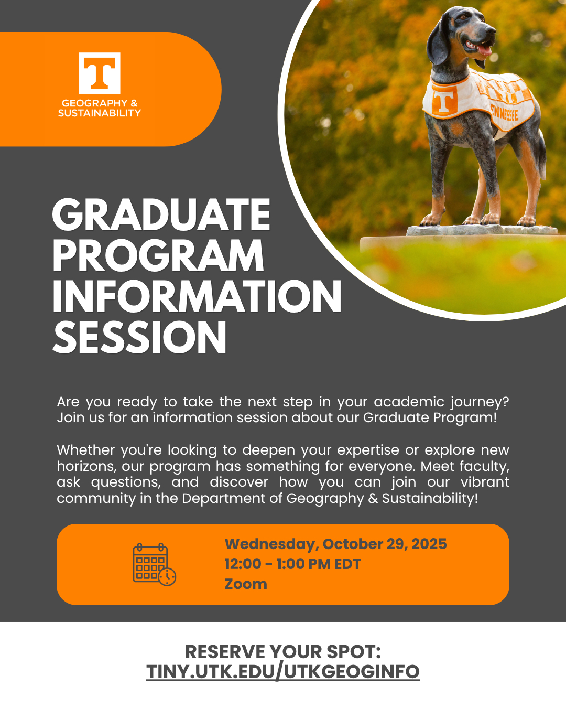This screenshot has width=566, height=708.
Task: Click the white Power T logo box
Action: click(x=100, y=73)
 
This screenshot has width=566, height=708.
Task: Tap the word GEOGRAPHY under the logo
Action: click(x=90, y=103)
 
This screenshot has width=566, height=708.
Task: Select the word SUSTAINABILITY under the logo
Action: click(x=100, y=113)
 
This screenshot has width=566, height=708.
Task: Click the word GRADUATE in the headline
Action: click(x=161, y=215)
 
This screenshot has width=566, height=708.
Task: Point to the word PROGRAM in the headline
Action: click(x=158, y=255)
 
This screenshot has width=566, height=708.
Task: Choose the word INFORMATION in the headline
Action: click(x=197, y=296)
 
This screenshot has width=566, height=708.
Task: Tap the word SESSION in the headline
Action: click(x=140, y=337)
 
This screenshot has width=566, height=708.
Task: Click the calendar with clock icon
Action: click(x=154, y=564)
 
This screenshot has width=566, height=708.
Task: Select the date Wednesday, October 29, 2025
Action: click(x=335, y=544)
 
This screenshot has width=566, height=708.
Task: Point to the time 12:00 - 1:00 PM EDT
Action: click(x=293, y=564)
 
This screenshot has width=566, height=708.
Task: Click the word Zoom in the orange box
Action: click(x=246, y=584)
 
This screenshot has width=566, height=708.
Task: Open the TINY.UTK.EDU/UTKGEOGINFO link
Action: click(x=283, y=671)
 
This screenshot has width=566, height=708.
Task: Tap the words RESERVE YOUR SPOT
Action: click(x=283, y=651)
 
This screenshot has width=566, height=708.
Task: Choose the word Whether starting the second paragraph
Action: click(x=86, y=450)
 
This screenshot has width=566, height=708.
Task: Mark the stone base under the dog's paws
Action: click(x=482, y=230)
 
